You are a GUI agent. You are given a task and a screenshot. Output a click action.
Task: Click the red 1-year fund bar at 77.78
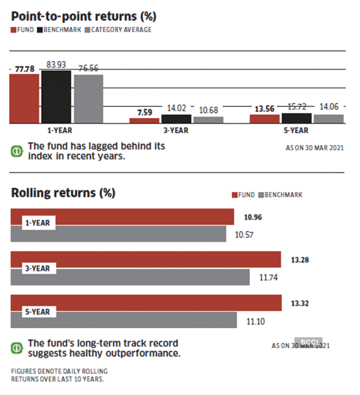(x=24, y=99)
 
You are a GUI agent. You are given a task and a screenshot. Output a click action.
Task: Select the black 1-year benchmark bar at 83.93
(x=56, y=98)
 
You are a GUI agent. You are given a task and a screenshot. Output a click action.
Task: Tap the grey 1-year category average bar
(x=88, y=99)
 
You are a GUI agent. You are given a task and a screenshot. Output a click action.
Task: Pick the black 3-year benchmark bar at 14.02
(x=176, y=119)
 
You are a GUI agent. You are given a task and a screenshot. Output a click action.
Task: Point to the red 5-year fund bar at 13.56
(x=264, y=119)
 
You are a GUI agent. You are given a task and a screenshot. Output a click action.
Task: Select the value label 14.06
(x=329, y=107)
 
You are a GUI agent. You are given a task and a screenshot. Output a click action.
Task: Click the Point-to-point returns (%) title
(x=83, y=16)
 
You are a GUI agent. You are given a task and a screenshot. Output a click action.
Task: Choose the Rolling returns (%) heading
(x=63, y=193)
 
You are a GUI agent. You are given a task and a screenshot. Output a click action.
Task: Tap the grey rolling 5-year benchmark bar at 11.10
(x=123, y=319)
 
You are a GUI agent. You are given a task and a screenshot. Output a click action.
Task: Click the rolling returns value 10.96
(x=253, y=217)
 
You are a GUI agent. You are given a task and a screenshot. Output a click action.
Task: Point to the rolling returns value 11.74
(x=265, y=278)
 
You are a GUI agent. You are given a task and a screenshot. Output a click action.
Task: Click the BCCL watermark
(x=311, y=342)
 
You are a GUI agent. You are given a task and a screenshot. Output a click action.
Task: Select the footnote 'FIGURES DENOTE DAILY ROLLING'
(x=59, y=371)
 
